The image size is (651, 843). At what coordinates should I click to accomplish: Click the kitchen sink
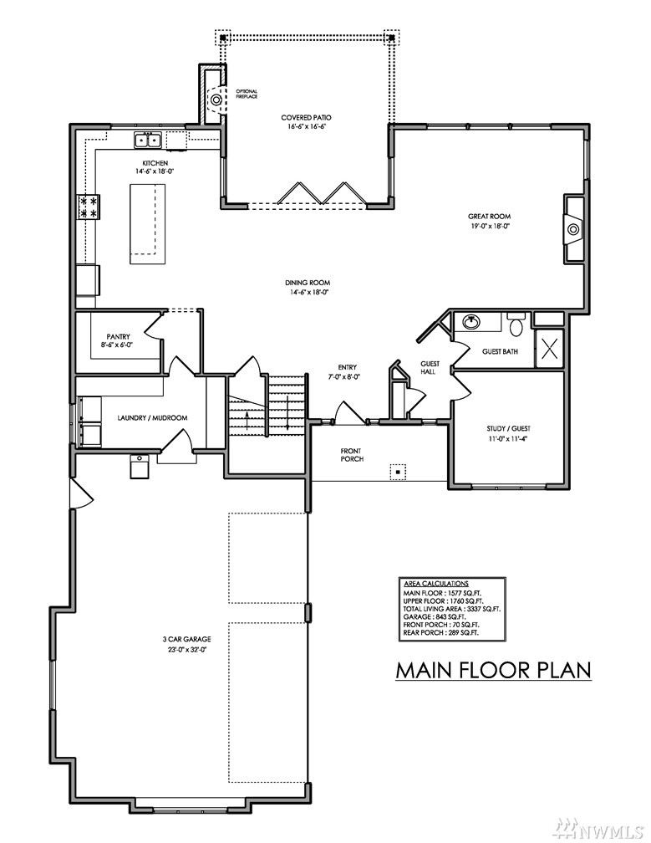click(148, 140)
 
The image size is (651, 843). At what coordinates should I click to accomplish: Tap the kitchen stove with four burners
click(88, 207)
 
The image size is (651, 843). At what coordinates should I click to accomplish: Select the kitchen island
click(146, 223)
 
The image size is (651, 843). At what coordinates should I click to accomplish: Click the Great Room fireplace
click(573, 229)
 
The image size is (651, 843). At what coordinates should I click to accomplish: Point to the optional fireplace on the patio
click(216, 99)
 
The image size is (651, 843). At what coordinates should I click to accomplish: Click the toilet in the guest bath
click(516, 324)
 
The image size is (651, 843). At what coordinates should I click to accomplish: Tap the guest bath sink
click(471, 321)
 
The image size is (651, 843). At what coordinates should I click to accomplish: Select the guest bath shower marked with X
click(549, 349)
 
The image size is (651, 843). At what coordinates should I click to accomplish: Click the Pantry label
click(118, 336)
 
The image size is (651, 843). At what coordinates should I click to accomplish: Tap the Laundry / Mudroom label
click(153, 418)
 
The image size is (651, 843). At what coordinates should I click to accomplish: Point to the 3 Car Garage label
click(186, 639)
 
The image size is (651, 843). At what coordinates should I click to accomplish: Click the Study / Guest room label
click(508, 428)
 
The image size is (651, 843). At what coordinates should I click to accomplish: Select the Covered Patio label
click(306, 118)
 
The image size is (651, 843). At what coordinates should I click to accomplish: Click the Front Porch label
click(352, 455)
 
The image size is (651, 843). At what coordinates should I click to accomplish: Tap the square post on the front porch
click(398, 472)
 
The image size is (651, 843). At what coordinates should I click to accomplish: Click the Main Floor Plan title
click(493, 671)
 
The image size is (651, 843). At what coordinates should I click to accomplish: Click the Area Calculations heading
click(436, 584)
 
